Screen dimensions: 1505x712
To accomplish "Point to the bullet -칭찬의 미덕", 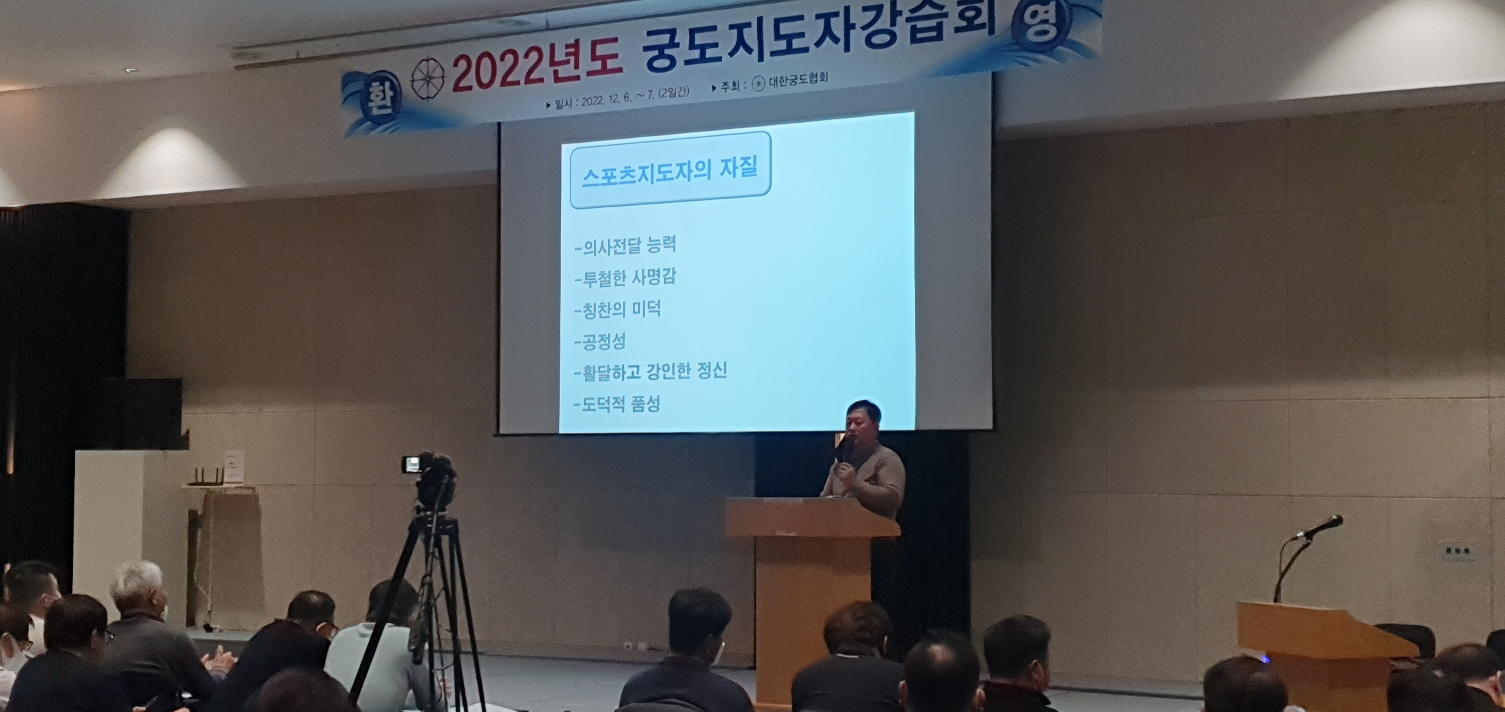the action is click(617, 309).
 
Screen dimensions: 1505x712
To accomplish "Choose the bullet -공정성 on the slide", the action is click(599, 341).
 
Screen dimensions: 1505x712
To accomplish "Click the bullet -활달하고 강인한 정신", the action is click(650, 371).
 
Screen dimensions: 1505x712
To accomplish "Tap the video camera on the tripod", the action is click(431, 479).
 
